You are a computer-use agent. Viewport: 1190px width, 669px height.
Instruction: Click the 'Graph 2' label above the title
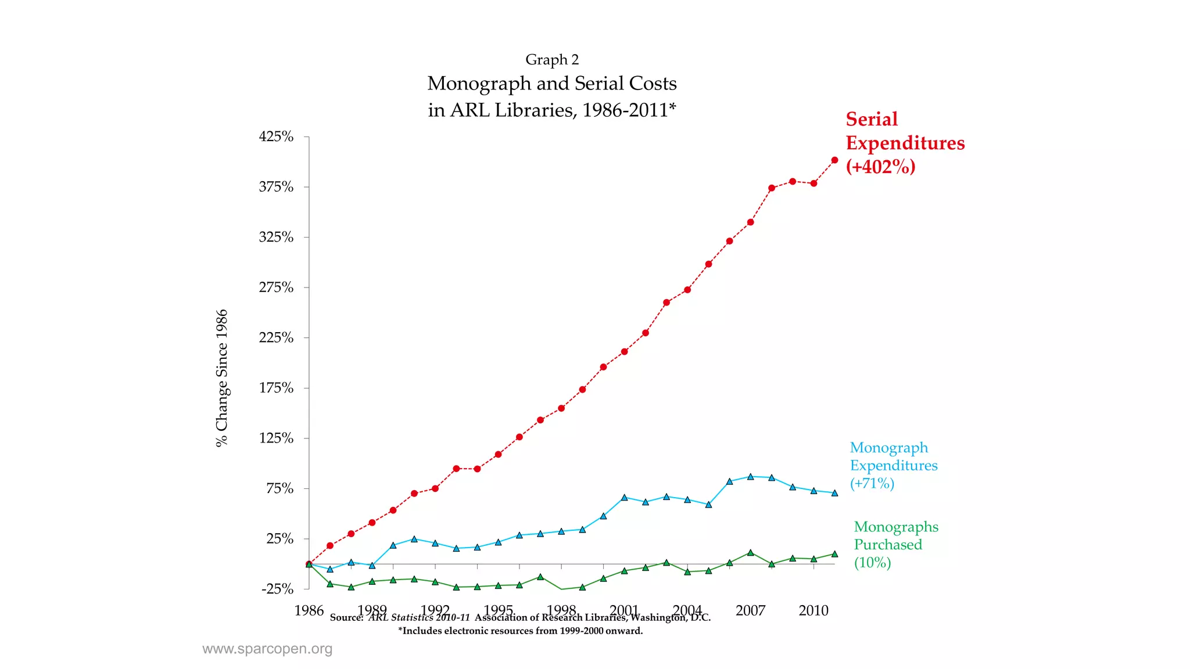click(552, 60)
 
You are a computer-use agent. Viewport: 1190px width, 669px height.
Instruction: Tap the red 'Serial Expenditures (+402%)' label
click(904, 143)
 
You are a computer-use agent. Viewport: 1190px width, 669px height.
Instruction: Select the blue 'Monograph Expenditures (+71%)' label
click(893, 465)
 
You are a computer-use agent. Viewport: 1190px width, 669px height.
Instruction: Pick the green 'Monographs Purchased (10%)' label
click(895, 545)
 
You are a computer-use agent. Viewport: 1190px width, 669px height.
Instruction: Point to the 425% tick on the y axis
click(276, 137)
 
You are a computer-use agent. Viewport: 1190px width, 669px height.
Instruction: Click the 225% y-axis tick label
click(276, 338)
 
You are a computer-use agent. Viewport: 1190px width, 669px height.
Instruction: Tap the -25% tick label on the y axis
click(277, 589)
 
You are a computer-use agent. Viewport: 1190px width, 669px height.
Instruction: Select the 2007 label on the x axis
click(750, 610)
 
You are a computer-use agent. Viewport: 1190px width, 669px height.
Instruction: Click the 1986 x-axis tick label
click(309, 610)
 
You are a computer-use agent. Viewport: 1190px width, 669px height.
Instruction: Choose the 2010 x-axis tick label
click(813, 610)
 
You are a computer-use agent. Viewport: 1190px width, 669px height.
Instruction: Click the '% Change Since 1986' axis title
click(222, 378)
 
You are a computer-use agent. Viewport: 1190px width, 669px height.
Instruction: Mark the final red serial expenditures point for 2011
click(835, 160)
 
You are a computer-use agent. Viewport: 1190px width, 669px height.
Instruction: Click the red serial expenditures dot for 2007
click(751, 222)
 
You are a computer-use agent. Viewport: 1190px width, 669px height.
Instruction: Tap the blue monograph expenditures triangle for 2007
click(751, 477)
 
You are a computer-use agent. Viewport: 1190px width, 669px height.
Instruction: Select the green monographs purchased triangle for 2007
click(751, 552)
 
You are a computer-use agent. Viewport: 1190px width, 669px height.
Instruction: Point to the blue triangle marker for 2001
click(625, 498)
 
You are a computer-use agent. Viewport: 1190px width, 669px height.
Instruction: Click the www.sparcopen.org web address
click(267, 649)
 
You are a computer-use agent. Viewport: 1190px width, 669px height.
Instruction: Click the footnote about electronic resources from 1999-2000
click(520, 631)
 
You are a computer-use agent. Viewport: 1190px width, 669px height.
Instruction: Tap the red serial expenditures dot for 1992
click(435, 488)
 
